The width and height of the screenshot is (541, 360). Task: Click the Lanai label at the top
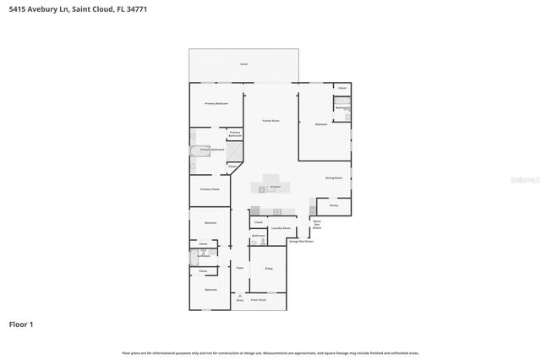(244, 64)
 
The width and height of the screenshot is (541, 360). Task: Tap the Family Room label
(270, 121)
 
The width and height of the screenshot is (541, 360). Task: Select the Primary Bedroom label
(216, 103)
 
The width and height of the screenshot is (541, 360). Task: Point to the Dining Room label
(334, 177)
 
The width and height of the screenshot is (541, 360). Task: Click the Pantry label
(334, 205)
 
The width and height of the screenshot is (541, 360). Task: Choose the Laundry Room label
(281, 228)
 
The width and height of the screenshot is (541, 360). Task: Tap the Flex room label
(269, 268)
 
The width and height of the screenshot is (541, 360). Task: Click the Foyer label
(240, 268)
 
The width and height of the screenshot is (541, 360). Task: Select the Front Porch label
(257, 299)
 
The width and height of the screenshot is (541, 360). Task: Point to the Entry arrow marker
(240, 295)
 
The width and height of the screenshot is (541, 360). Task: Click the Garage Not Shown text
(301, 241)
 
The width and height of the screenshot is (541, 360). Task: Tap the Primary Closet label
(210, 189)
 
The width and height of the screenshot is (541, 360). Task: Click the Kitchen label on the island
(276, 186)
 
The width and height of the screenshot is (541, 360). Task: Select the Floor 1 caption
(21, 324)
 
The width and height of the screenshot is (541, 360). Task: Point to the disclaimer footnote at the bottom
(270, 352)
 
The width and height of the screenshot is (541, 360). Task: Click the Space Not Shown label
(317, 224)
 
